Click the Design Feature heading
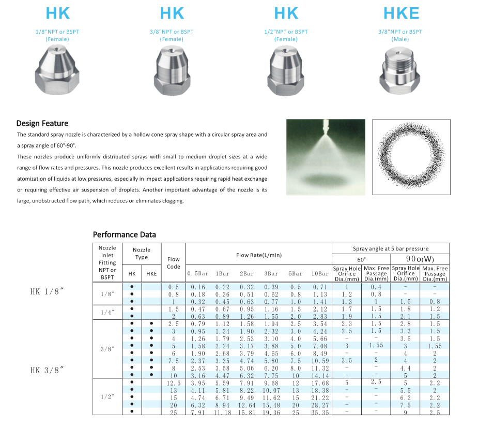42,123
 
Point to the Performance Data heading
124,234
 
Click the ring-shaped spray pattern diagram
411,157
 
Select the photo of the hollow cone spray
325,157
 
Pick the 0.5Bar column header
198,273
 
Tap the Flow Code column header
174,263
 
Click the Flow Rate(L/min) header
258,255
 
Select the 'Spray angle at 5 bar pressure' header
390,248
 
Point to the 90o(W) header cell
420,259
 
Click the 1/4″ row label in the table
107,313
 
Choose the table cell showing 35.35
320,413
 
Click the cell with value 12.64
246,405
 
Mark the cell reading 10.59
320,361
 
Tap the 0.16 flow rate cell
198,287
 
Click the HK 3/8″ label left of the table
47,370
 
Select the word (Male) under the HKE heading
400,39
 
